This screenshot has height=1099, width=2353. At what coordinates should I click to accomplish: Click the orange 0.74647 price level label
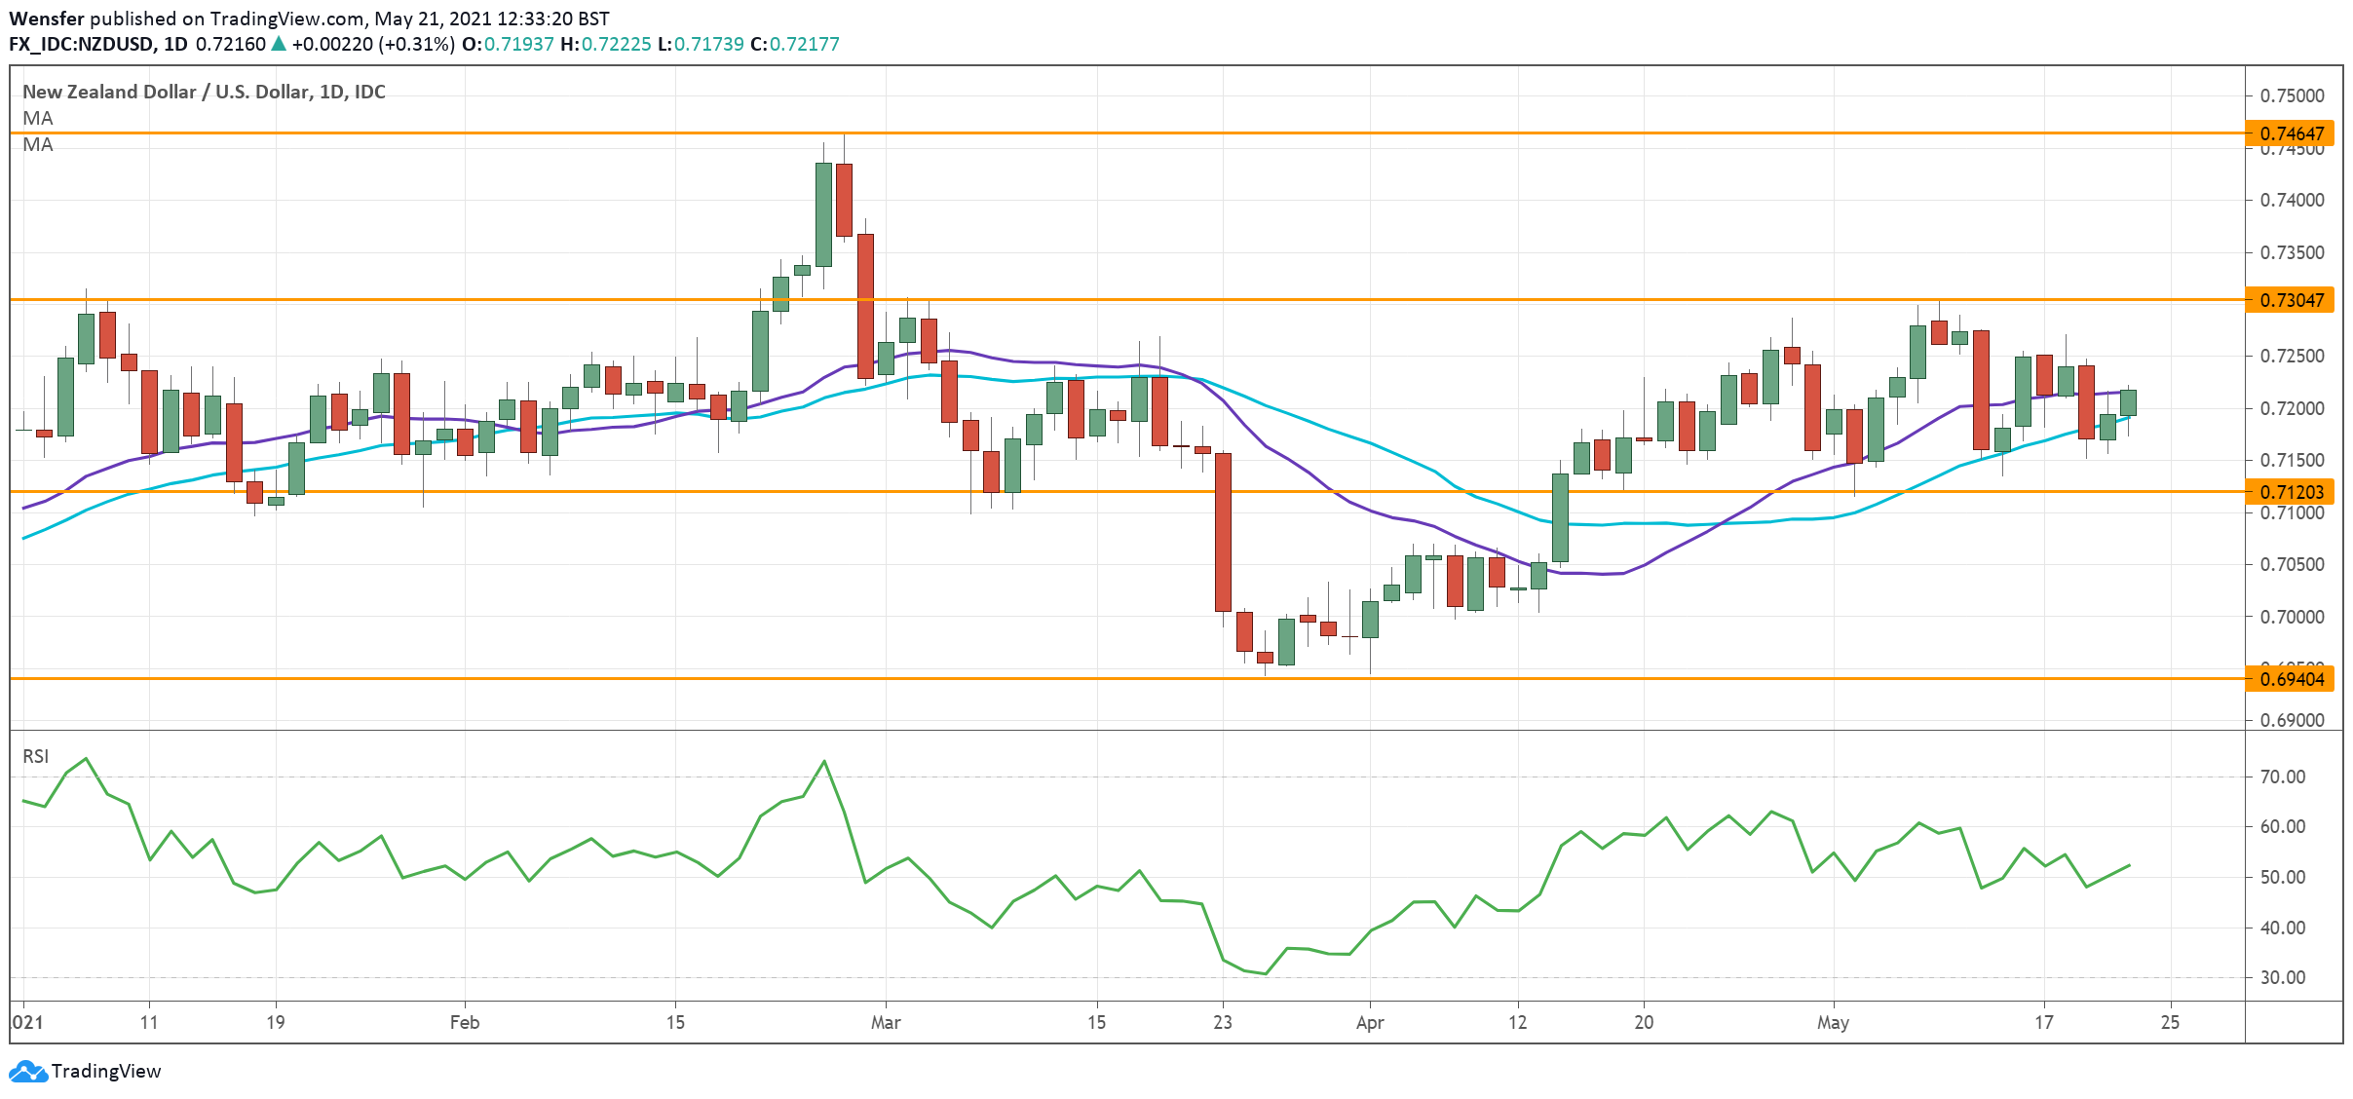[2291, 133]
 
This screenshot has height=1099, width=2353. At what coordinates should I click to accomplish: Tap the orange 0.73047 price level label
[2291, 300]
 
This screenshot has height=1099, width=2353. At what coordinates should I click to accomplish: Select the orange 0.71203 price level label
[2291, 492]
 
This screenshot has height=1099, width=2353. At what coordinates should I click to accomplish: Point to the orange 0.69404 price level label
[2291, 679]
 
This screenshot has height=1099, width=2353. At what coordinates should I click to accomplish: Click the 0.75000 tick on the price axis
[2292, 95]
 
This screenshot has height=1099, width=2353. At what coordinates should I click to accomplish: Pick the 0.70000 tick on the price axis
[2292, 617]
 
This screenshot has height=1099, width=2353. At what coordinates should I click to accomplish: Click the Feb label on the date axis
[465, 1022]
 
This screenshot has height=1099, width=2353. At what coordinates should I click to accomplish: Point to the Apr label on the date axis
[1370, 1022]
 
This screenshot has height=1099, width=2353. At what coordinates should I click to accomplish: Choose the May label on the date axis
[1833, 1022]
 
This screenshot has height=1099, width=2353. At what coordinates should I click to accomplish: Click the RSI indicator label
[36, 756]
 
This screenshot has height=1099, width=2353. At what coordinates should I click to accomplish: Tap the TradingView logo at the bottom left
[85, 1071]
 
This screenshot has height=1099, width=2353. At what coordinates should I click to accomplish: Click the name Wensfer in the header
[46, 19]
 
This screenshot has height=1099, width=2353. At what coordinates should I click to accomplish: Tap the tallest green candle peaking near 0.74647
[823, 214]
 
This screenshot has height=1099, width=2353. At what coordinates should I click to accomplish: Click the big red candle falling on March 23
[1223, 531]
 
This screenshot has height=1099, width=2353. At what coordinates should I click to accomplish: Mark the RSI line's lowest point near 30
[1265, 973]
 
